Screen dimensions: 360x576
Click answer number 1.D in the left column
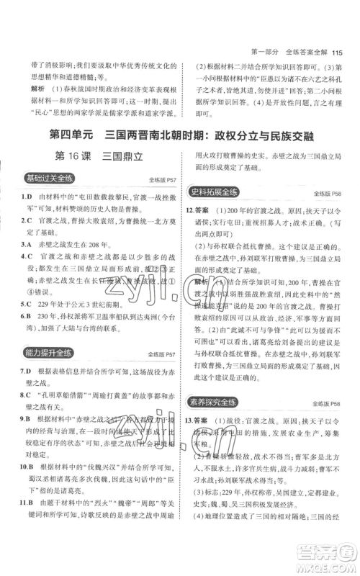[24, 197]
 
